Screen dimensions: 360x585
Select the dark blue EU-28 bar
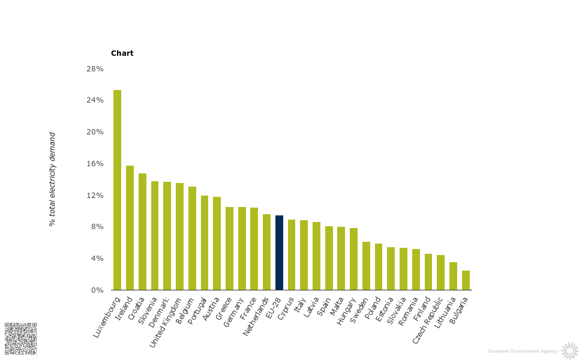click(279, 253)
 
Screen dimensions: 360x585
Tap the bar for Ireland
click(130, 227)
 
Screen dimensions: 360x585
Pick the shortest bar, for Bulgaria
click(466, 280)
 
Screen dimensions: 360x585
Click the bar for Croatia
click(142, 232)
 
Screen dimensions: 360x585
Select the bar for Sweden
click(366, 266)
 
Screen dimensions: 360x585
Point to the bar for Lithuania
click(453, 276)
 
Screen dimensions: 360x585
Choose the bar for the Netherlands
click(266, 252)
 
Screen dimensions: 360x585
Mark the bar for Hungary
click(353, 259)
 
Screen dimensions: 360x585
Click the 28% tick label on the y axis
click(95, 69)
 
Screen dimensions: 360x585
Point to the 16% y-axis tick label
click(95, 164)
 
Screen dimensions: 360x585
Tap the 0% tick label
click(97, 290)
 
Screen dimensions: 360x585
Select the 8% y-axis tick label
click(97, 227)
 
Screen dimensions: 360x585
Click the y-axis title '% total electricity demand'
click(52, 179)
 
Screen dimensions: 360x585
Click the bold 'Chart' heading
click(122, 53)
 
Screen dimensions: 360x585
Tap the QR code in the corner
click(21, 338)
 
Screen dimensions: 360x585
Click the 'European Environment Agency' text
click(523, 351)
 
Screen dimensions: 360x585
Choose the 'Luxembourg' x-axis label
click(107, 316)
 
